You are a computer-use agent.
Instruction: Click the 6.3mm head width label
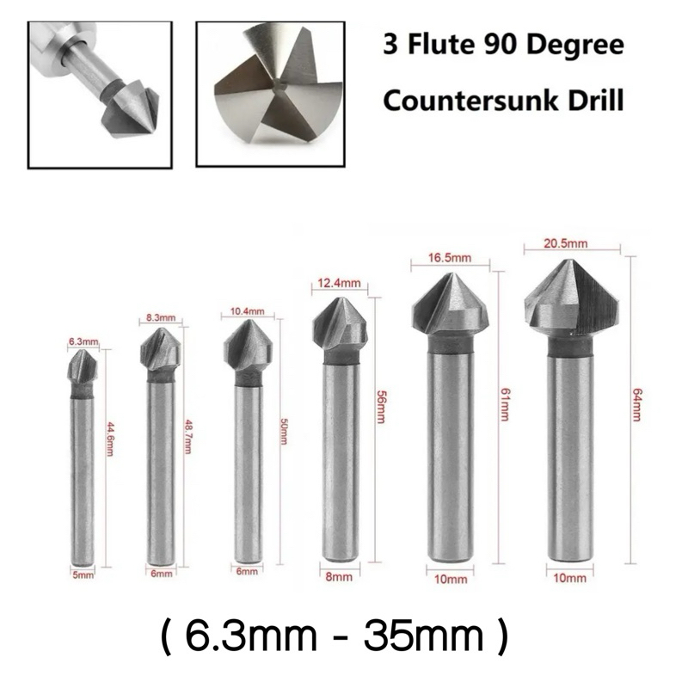83,341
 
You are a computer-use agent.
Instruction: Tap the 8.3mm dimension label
161,317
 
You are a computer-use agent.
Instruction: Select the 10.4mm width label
248,311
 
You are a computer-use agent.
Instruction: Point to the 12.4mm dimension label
339,283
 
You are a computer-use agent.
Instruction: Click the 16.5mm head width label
450,257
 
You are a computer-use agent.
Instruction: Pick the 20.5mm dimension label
566,243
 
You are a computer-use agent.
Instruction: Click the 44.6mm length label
109,439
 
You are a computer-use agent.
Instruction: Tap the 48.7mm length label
188,437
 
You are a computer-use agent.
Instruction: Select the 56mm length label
380,408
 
